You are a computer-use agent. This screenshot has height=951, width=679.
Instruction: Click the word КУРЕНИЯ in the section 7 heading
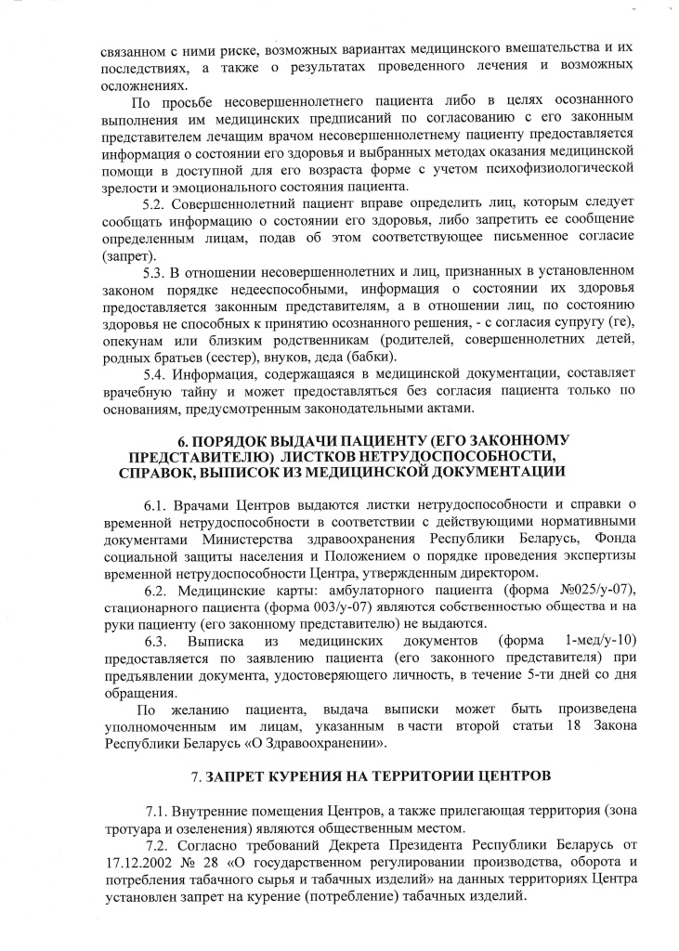(x=294, y=774)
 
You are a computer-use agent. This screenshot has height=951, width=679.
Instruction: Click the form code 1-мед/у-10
(x=598, y=642)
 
